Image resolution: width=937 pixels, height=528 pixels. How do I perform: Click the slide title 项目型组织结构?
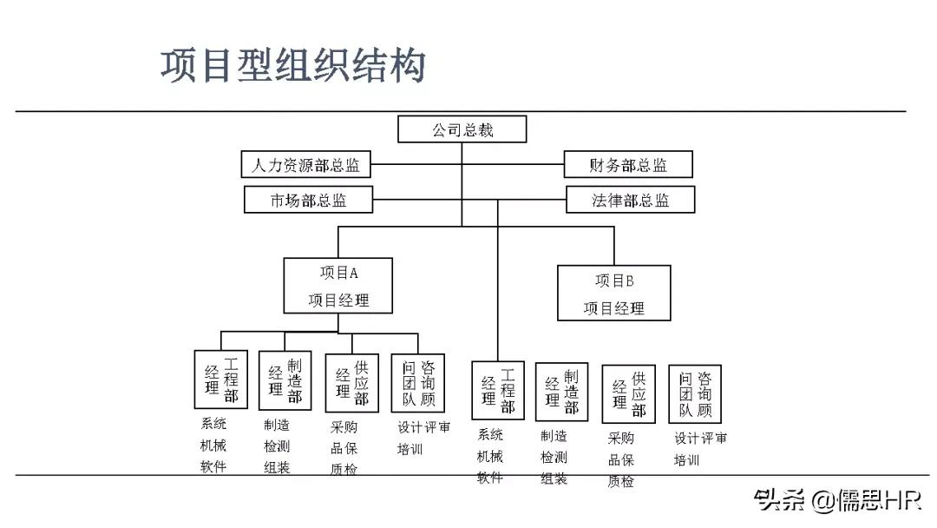pos(292,66)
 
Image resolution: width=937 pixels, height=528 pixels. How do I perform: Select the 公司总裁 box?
pos(462,130)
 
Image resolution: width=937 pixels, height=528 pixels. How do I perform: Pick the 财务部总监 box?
pos(628,164)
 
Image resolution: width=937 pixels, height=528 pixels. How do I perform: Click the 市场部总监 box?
pos(308,200)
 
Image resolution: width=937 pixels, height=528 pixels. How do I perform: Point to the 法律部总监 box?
pos(631,200)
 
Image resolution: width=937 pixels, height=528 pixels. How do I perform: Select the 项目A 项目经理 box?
pos(338,286)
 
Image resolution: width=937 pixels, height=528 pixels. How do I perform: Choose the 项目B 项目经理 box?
pos(614,293)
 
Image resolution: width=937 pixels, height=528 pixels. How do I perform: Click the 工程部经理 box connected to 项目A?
pos(220,379)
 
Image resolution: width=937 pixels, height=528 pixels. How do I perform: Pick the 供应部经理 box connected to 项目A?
pos(351,382)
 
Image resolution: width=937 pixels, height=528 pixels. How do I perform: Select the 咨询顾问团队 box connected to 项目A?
pos(418,382)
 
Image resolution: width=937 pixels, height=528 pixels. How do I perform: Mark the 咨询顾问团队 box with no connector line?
pos(695,393)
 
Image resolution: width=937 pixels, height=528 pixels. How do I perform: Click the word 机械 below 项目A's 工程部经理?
pos(213,445)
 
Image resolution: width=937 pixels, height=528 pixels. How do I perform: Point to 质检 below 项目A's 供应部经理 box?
pos(344,469)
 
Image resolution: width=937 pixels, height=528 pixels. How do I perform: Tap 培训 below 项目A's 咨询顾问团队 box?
pos(410,449)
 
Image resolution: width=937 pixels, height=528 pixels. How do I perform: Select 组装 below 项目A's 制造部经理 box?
pos(277,467)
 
